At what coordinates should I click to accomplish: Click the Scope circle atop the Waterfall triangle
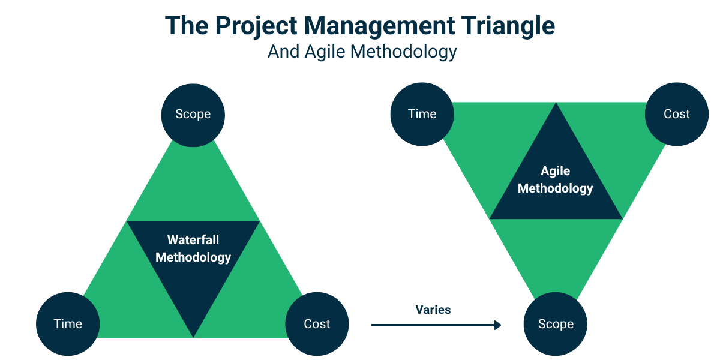[193, 114]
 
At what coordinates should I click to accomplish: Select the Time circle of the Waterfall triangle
[68, 324]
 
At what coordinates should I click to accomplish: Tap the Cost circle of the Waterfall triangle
[317, 324]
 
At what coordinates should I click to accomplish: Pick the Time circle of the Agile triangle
[422, 114]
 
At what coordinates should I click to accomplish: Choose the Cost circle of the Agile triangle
[676, 114]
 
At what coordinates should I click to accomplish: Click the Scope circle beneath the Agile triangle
[556, 324]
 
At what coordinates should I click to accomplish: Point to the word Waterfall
[193, 240]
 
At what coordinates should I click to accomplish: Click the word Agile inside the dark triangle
[555, 171]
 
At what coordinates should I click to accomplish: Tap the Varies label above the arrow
[433, 310]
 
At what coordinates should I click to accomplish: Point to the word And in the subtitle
[283, 52]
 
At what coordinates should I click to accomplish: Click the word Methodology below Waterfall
[193, 257]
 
